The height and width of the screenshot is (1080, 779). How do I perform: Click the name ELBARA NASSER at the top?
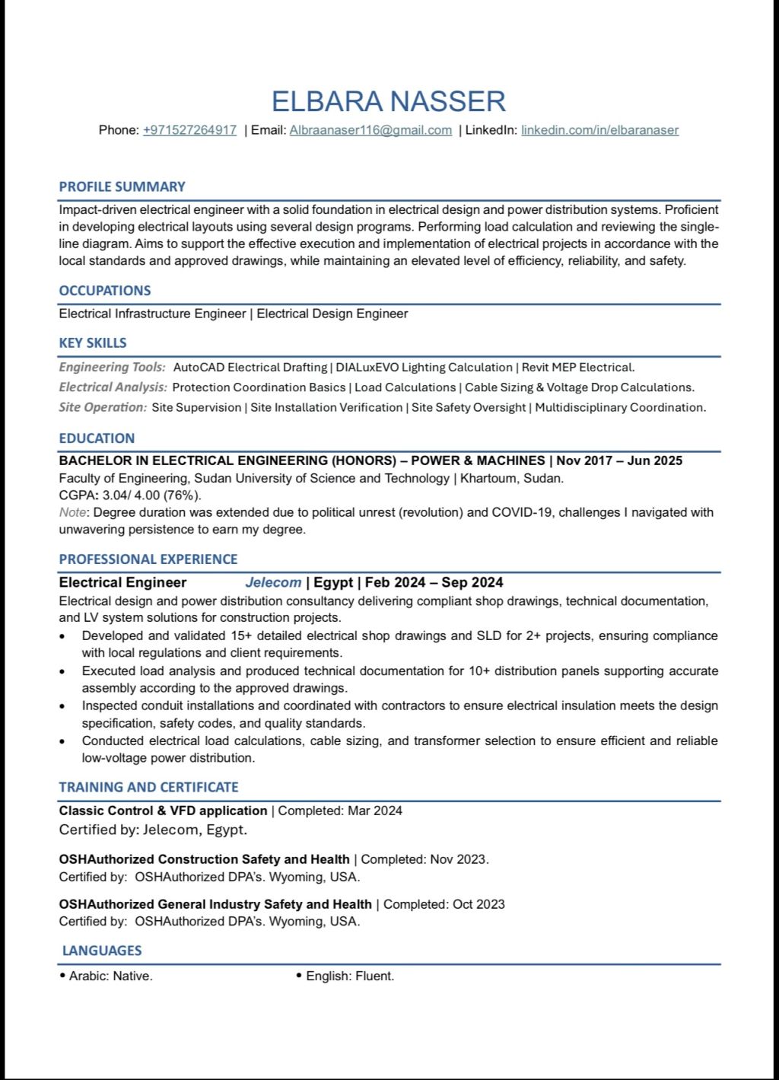pos(389,101)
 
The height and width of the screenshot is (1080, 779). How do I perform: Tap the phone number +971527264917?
pos(189,130)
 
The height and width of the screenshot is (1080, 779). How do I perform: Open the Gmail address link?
pos(370,130)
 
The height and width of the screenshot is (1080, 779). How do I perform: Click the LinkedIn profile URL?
pos(599,130)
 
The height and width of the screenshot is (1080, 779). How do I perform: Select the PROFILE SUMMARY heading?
pos(122,186)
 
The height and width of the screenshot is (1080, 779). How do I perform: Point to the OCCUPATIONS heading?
pos(104,291)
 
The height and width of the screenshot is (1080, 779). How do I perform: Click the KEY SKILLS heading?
pos(92,343)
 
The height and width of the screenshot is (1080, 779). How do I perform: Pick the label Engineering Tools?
pos(112,368)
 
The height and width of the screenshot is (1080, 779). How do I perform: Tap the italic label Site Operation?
pos(103,407)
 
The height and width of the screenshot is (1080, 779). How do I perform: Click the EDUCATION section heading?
pos(97,438)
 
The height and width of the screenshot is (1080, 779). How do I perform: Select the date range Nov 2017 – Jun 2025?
pos(619,460)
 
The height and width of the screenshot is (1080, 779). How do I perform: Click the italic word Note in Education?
pos(72,512)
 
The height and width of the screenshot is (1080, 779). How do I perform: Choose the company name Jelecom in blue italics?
pos(273,582)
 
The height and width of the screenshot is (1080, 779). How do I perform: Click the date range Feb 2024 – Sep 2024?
pos(434,582)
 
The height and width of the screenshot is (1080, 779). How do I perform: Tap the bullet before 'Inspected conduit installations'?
pos(62,706)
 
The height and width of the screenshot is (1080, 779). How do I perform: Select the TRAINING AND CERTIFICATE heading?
pos(148,787)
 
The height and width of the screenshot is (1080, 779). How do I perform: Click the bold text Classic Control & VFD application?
pos(163,811)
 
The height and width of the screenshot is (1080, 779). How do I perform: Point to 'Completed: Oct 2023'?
pos(444,904)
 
